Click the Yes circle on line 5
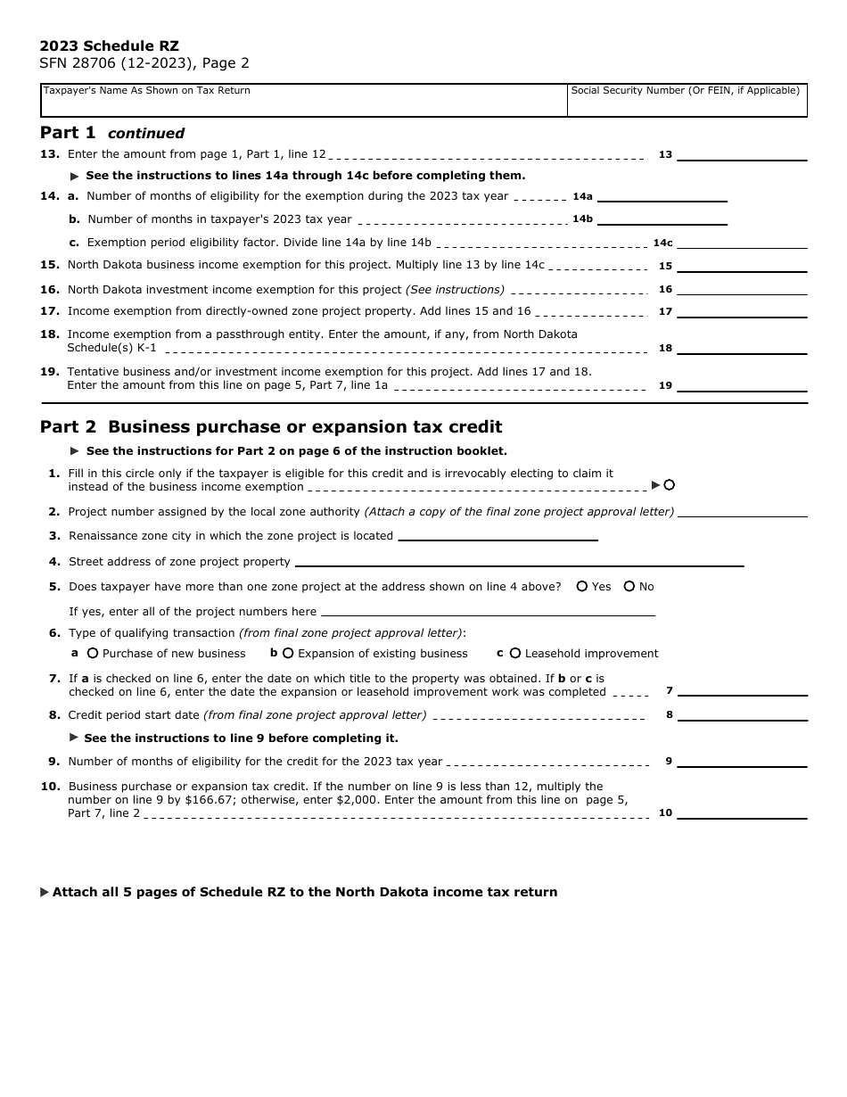coord(582,587)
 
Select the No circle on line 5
coord(629,587)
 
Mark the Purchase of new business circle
coord(93,654)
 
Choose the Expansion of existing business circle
coord(288,654)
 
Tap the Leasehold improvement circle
coord(515,654)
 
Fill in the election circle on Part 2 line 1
coord(670,485)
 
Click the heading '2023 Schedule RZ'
coord(109,46)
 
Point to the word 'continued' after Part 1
coord(146,134)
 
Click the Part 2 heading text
coord(271,427)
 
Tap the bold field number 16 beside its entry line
coord(665,290)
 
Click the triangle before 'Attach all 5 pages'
coord(45,893)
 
